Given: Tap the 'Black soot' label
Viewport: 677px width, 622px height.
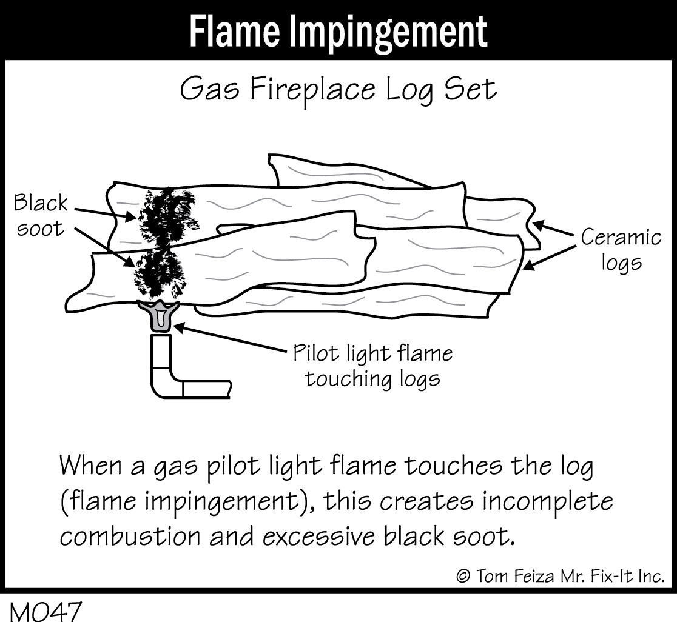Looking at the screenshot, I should (40, 215).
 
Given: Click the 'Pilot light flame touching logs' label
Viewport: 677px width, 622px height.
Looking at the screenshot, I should (372, 366).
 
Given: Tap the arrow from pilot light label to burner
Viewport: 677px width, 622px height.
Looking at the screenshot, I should (231, 339).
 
